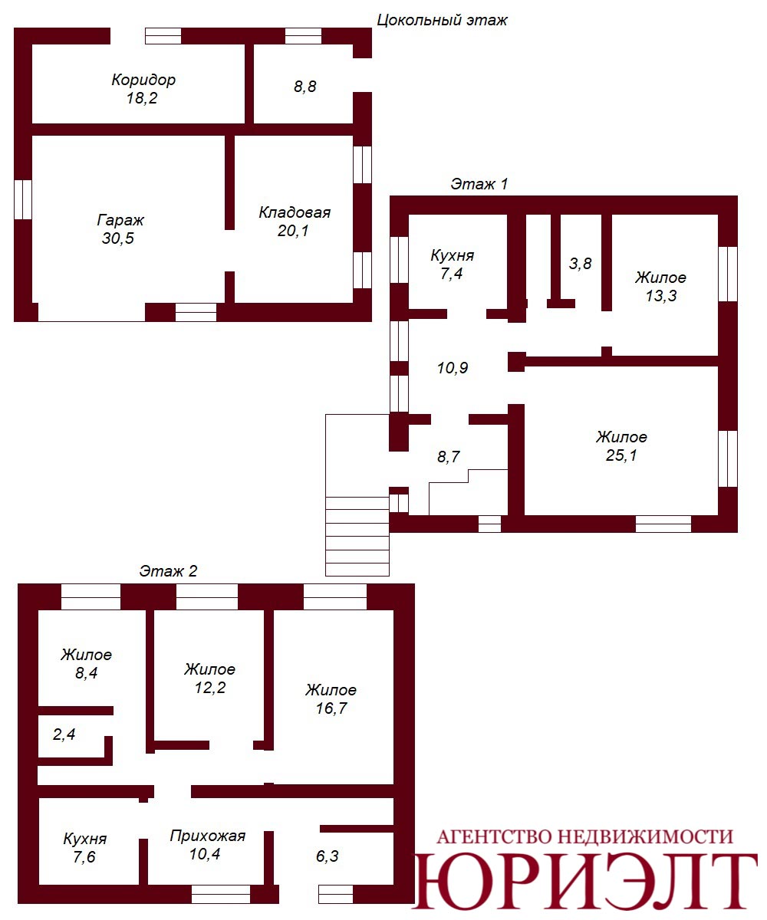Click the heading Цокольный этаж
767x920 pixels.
(442, 21)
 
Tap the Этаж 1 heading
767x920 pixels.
(479, 184)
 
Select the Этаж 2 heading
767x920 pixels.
(168, 571)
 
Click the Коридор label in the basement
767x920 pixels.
(143, 80)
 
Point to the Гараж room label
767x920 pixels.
(120, 220)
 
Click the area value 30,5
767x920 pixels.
(117, 238)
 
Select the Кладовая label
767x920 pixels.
(295, 212)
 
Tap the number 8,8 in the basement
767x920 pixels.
(305, 87)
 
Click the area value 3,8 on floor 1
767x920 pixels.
(580, 264)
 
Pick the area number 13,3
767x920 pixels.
(660, 296)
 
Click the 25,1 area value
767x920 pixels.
(621, 455)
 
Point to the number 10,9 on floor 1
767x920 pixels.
(453, 367)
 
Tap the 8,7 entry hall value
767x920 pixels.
(448, 457)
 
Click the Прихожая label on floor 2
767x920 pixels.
(208, 836)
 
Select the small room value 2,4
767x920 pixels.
(64, 734)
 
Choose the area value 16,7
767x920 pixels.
(331, 708)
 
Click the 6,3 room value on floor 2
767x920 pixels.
(327, 856)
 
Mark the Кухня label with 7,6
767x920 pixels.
(85, 839)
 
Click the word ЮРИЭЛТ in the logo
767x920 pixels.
(585, 882)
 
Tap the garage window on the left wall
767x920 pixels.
(23, 199)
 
